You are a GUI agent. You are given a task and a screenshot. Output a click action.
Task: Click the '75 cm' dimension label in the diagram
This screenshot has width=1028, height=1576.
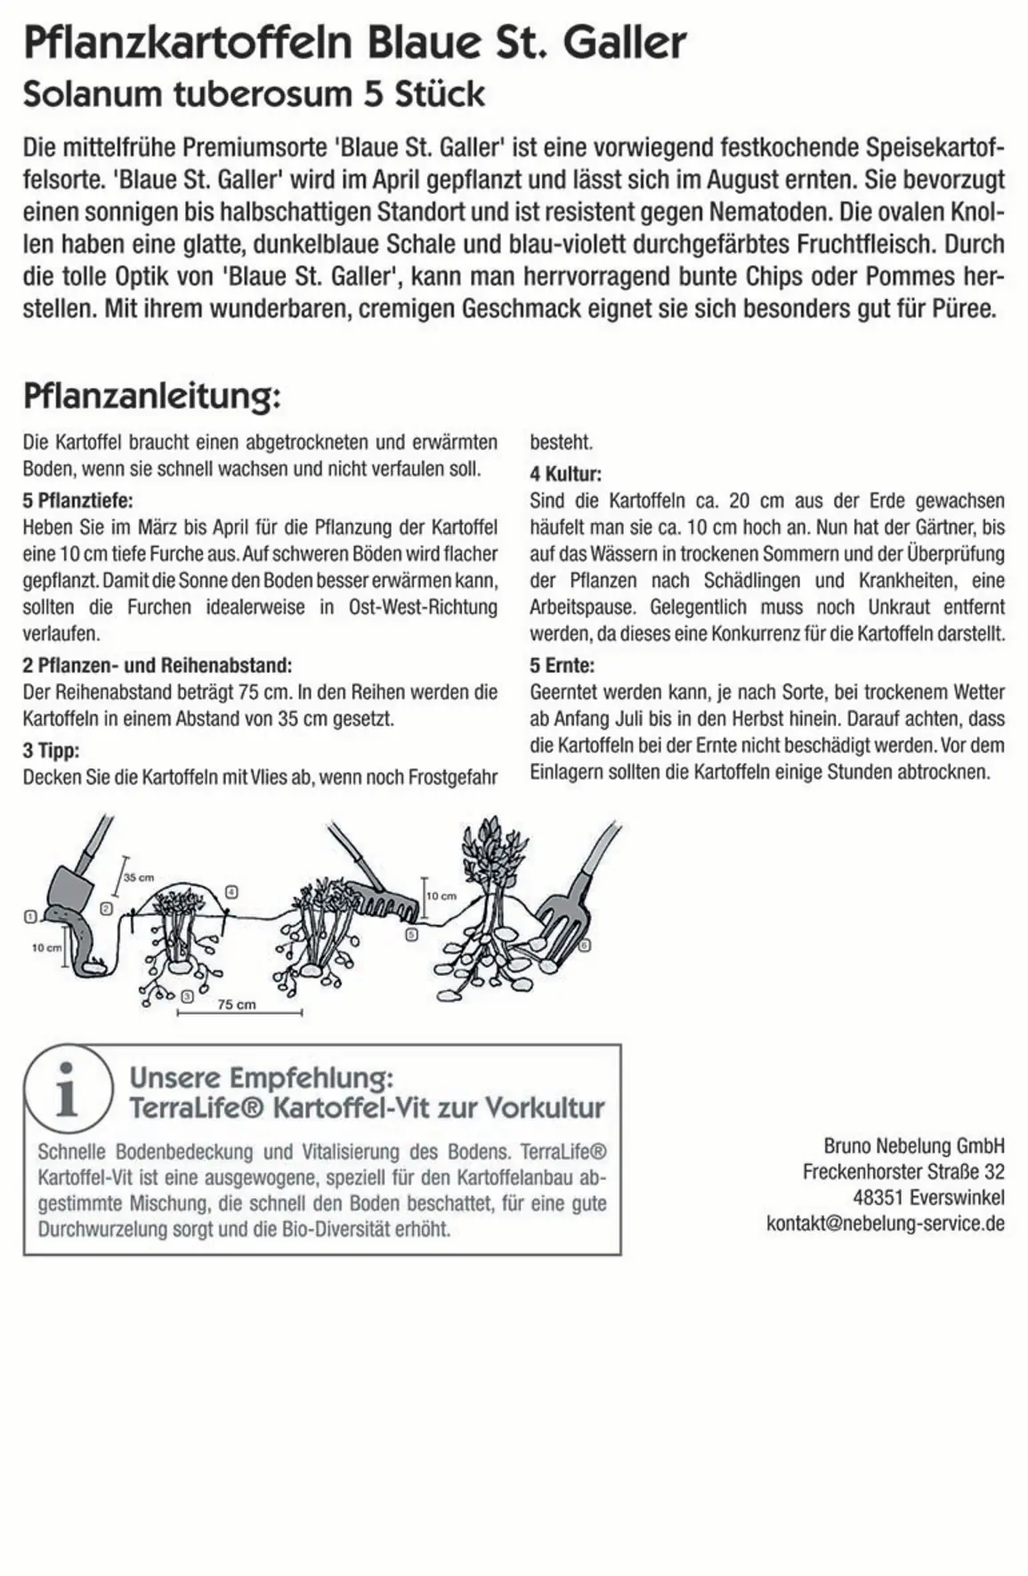[237, 1004]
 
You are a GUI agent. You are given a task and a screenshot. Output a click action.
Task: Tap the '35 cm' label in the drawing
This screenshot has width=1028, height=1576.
[138, 877]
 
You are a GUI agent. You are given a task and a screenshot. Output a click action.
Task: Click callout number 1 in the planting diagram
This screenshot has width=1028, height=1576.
[30, 916]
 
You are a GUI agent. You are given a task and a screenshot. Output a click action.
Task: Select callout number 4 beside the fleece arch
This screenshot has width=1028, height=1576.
[231, 891]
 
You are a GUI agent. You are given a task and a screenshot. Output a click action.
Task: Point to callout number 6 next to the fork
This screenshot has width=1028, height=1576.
[584, 945]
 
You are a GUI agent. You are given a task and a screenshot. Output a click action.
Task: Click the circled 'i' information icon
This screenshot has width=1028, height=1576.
[68, 1089]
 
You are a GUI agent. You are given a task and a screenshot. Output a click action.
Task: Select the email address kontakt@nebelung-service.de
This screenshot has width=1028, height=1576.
[885, 1224]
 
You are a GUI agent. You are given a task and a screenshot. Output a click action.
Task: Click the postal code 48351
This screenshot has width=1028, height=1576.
[878, 1198]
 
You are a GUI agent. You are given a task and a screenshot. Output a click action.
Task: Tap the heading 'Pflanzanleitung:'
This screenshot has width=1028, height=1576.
[151, 396]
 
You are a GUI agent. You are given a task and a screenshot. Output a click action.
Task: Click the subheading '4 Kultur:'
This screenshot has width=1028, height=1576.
[565, 473]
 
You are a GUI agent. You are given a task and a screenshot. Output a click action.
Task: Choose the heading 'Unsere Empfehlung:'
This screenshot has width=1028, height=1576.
[261, 1077]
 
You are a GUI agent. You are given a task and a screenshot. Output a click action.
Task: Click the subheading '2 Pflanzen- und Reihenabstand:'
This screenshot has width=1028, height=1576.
[157, 665]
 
